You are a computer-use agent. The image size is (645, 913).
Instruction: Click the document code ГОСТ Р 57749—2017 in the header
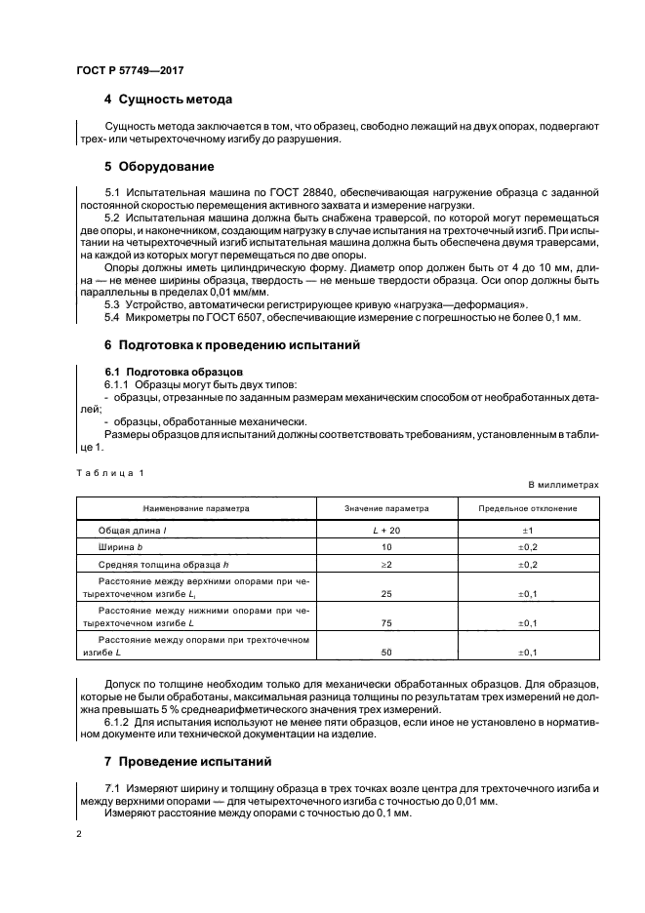130,71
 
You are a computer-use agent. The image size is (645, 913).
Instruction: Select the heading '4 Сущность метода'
168,99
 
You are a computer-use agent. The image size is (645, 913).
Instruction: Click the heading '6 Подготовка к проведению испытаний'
232,345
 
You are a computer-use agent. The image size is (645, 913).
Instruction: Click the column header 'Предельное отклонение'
528,508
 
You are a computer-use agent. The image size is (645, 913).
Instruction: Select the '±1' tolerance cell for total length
528,529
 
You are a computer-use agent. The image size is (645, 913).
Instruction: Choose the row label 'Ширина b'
122,548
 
